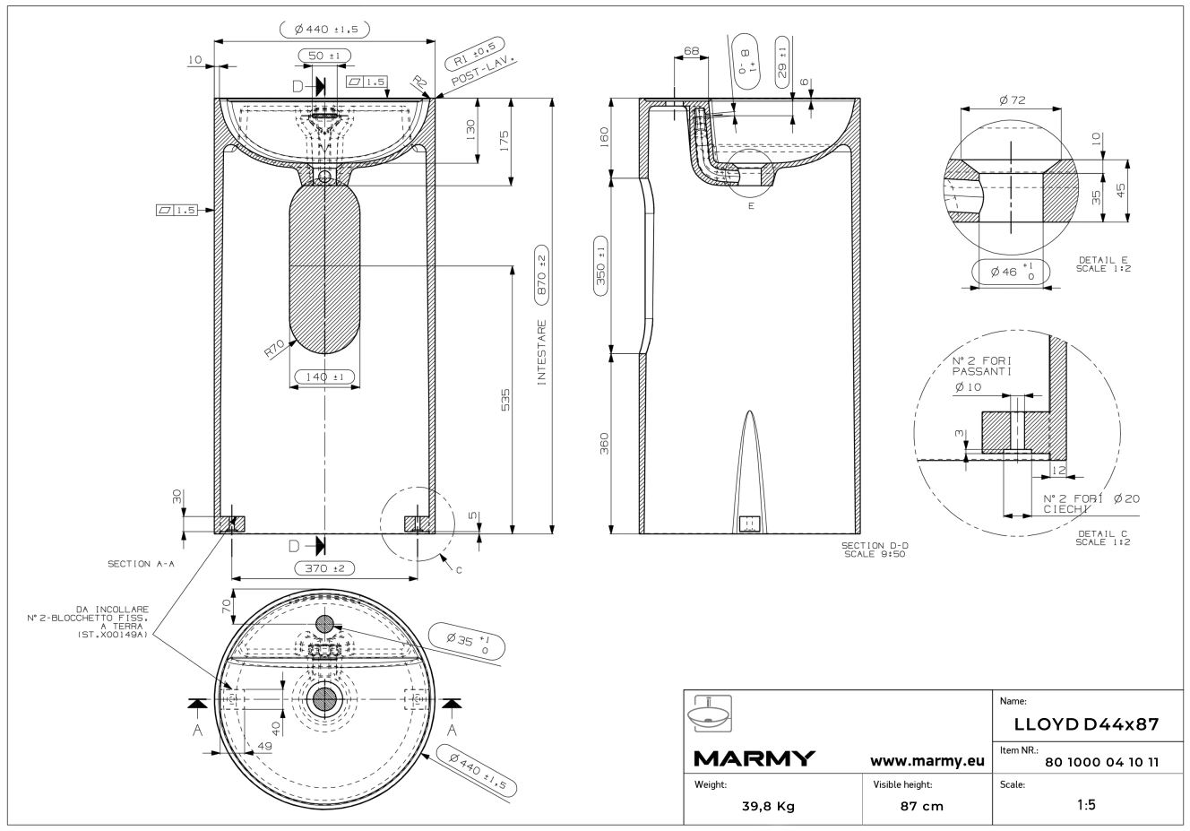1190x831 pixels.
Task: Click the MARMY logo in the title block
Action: click(x=754, y=758)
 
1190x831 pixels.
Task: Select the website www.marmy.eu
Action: click(x=927, y=761)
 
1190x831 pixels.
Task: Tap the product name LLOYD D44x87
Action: click(x=1086, y=724)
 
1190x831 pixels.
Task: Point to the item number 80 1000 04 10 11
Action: click(x=1102, y=762)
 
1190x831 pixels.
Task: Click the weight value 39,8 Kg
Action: click(x=768, y=806)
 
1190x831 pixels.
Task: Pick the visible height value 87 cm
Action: click(x=922, y=806)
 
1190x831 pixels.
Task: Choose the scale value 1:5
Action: click(x=1086, y=804)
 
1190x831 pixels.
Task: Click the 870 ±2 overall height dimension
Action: click(x=541, y=275)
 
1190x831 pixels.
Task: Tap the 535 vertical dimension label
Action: click(x=505, y=400)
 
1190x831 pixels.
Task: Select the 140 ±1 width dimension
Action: click(x=324, y=377)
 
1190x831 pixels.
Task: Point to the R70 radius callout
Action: click(x=274, y=349)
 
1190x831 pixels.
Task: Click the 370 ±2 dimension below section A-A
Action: click(x=324, y=568)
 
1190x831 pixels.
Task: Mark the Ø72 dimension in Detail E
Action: click(x=1012, y=100)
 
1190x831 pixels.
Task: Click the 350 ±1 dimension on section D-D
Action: click(x=601, y=265)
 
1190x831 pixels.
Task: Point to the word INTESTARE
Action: click(x=541, y=352)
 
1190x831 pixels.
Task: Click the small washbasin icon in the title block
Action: click(x=710, y=714)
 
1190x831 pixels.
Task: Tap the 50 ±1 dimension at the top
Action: click(x=324, y=56)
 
